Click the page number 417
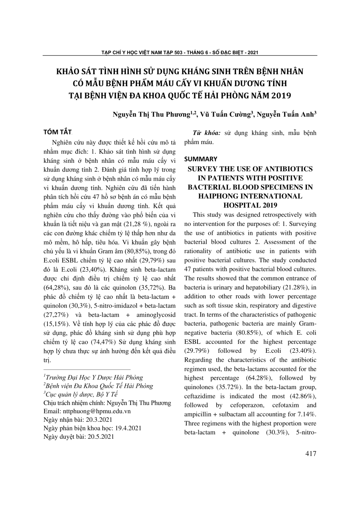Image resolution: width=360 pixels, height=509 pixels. point(311,454)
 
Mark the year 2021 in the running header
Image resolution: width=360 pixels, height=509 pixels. point(252,52)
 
